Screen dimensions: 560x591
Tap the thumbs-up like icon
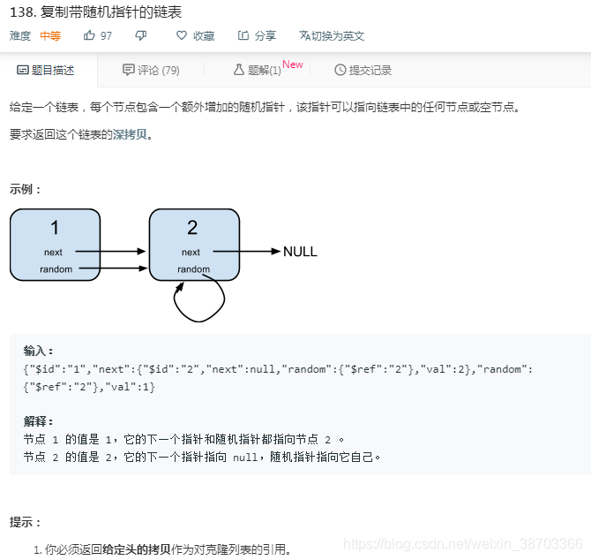[89, 35]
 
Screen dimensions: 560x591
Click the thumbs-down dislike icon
[141, 35]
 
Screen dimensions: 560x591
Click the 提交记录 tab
[363, 70]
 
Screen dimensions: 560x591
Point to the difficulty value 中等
[50, 35]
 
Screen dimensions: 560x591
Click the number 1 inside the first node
[55, 228]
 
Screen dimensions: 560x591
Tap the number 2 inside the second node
[192, 228]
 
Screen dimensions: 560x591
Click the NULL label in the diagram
[300, 252]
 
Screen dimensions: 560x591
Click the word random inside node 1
[56, 269]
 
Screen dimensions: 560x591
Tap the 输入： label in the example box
[38, 350]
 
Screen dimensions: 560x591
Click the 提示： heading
[26, 522]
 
